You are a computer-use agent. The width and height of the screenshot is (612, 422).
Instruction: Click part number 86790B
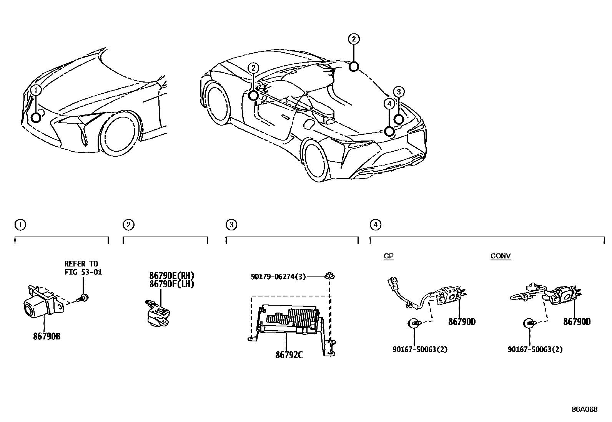click(x=47, y=336)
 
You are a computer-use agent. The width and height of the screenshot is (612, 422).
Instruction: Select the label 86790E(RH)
click(x=172, y=276)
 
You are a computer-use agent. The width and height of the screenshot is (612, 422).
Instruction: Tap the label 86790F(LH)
click(x=172, y=284)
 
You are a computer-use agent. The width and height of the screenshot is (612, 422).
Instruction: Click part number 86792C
click(x=289, y=355)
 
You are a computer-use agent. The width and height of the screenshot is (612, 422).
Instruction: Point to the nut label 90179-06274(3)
click(x=278, y=276)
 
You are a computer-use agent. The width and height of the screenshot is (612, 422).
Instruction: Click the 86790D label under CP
click(x=462, y=322)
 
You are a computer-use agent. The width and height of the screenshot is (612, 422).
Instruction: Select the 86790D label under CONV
click(x=577, y=322)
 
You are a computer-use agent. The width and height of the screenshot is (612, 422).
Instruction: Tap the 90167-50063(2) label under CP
click(x=420, y=349)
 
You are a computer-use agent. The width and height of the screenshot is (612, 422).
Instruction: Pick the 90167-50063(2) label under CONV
click(x=535, y=349)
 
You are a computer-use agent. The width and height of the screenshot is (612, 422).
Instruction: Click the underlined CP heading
click(x=389, y=256)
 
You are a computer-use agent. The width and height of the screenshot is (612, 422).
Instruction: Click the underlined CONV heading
click(x=501, y=256)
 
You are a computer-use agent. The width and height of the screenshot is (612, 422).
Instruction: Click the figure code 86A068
click(x=584, y=409)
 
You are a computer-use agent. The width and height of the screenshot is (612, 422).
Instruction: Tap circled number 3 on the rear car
click(x=399, y=92)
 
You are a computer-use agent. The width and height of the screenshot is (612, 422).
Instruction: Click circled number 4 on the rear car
click(x=389, y=103)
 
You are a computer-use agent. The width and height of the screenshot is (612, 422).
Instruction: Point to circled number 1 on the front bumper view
click(x=36, y=90)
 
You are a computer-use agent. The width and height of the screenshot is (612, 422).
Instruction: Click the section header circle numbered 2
click(x=128, y=225)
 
